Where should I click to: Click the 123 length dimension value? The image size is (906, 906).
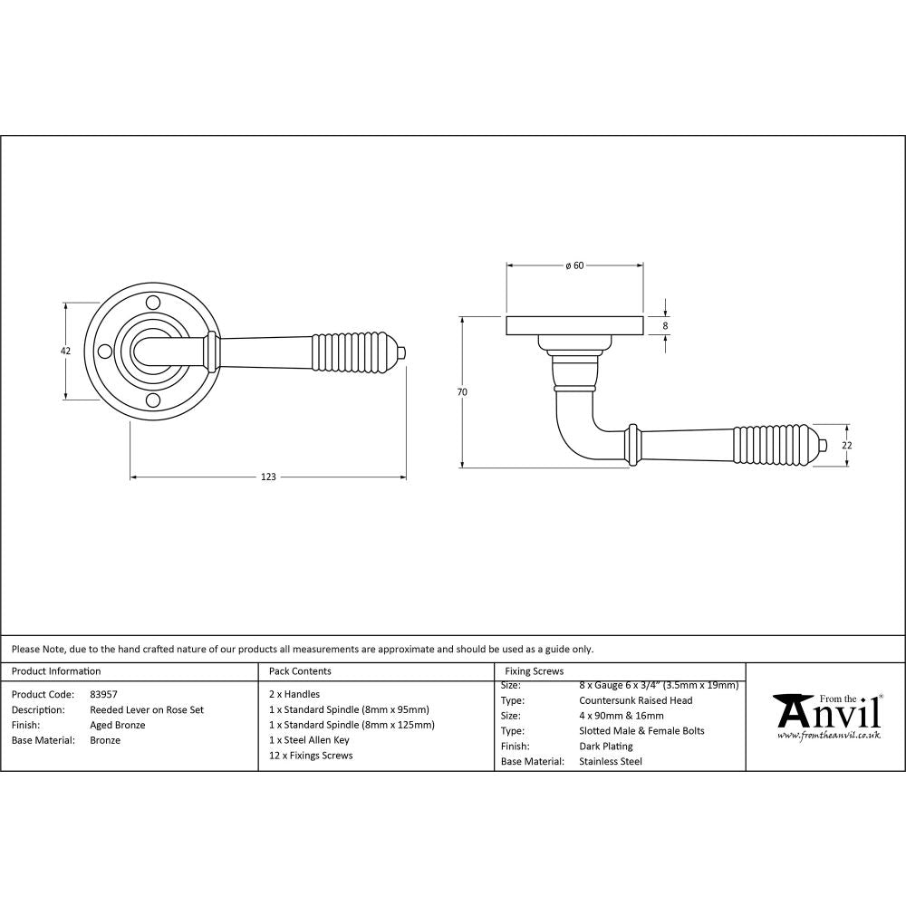[x=267, y=477]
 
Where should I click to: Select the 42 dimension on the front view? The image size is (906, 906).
[x=65, y=351]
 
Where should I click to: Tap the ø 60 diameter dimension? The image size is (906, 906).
[x=573, y=265]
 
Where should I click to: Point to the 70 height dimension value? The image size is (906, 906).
[x=462, y=392]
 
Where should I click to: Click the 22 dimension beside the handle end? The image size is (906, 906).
[x=847, y=445]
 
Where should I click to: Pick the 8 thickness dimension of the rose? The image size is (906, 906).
[x=666, y=325]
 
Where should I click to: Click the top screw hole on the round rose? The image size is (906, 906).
[x=153, y=301]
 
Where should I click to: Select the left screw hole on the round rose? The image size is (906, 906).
[x=104, y=351]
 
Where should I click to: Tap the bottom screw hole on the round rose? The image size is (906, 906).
[x=153, y=401]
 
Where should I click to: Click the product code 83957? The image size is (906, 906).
[x=103, y=694]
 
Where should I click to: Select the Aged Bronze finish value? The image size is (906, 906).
[x=118, y=725]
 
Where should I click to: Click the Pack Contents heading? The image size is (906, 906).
[x=300, y=671]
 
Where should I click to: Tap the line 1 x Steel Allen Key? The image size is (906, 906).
[x=309, y=740]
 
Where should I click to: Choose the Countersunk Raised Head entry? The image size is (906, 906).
[x=635, y=700]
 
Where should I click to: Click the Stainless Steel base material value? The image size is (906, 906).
[x=610, y=762]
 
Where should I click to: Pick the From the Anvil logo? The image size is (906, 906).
[x=826, y=718]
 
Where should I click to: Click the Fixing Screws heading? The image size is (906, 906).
[x=534, y=671]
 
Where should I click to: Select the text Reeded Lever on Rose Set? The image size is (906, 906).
[x=147, y=709]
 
